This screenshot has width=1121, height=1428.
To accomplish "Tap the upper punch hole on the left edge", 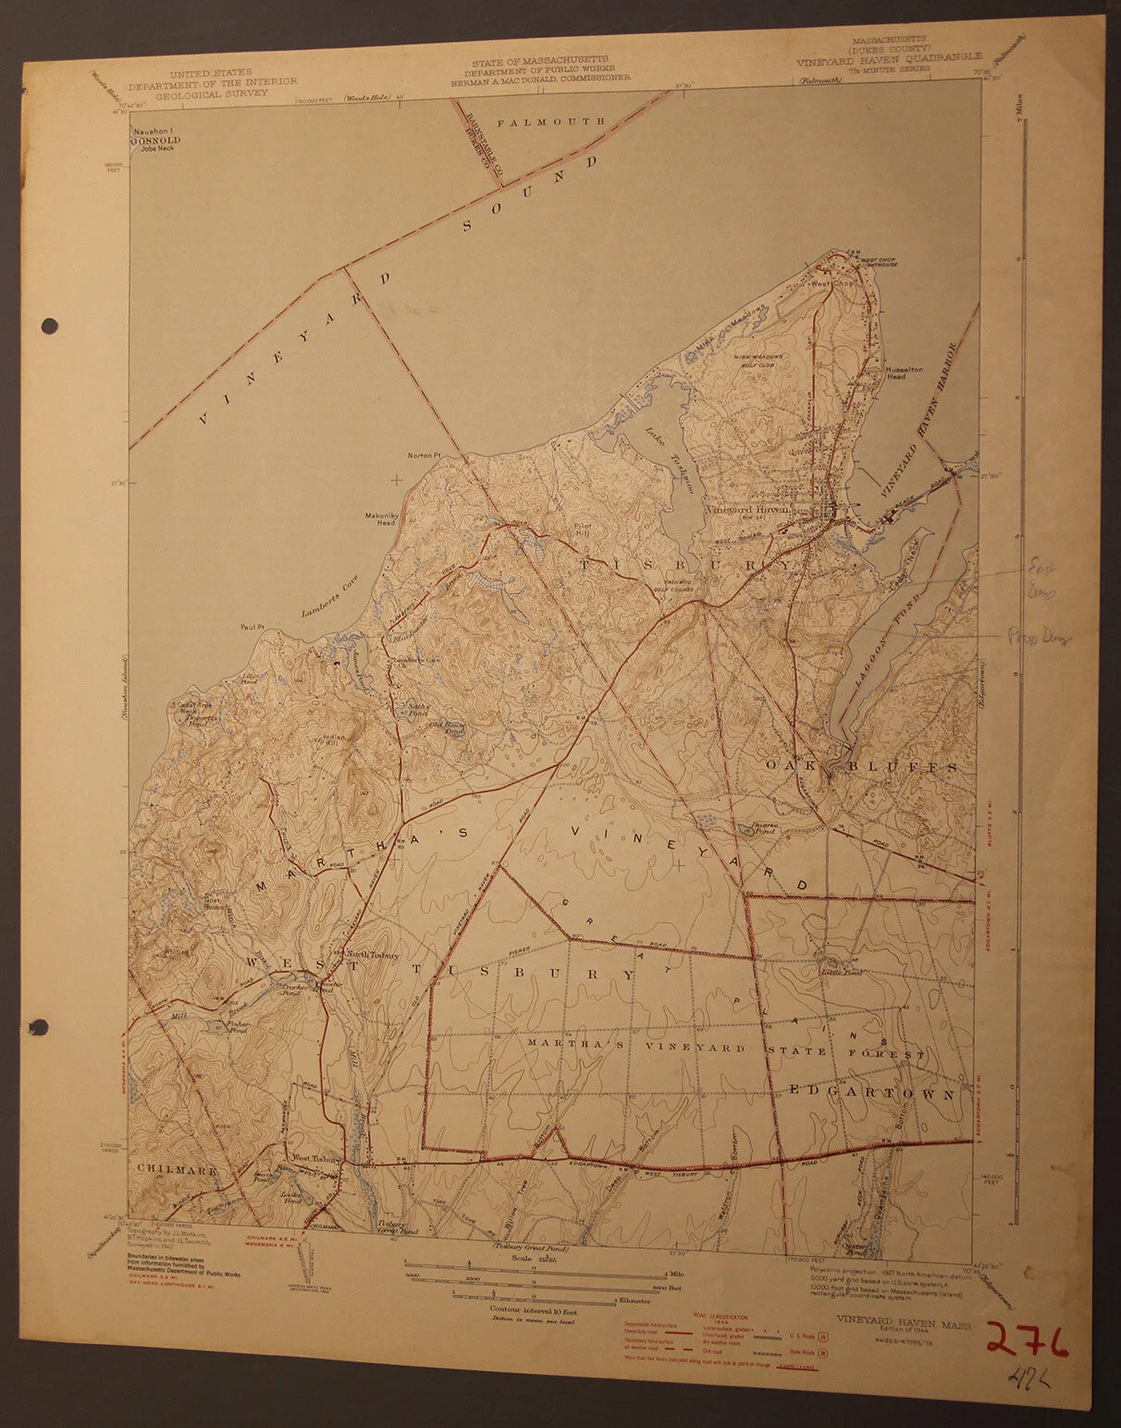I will pyautogui.click(x=50, y=324).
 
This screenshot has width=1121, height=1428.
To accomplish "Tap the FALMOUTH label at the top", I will pyautogui.click(x=563, y=121).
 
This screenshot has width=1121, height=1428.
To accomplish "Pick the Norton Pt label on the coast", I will pyautogui.click(x=428, y=456).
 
